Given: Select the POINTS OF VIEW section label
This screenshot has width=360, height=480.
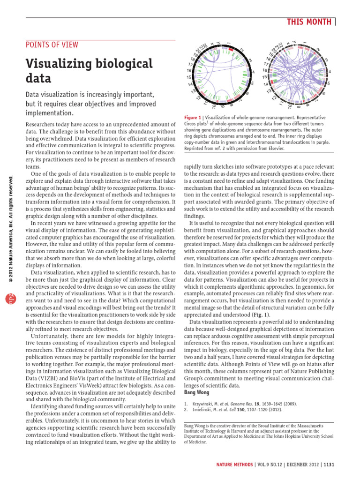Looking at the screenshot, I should [x=52, y=45].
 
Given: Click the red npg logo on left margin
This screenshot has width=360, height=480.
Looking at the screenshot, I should [x=8, y=299].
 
